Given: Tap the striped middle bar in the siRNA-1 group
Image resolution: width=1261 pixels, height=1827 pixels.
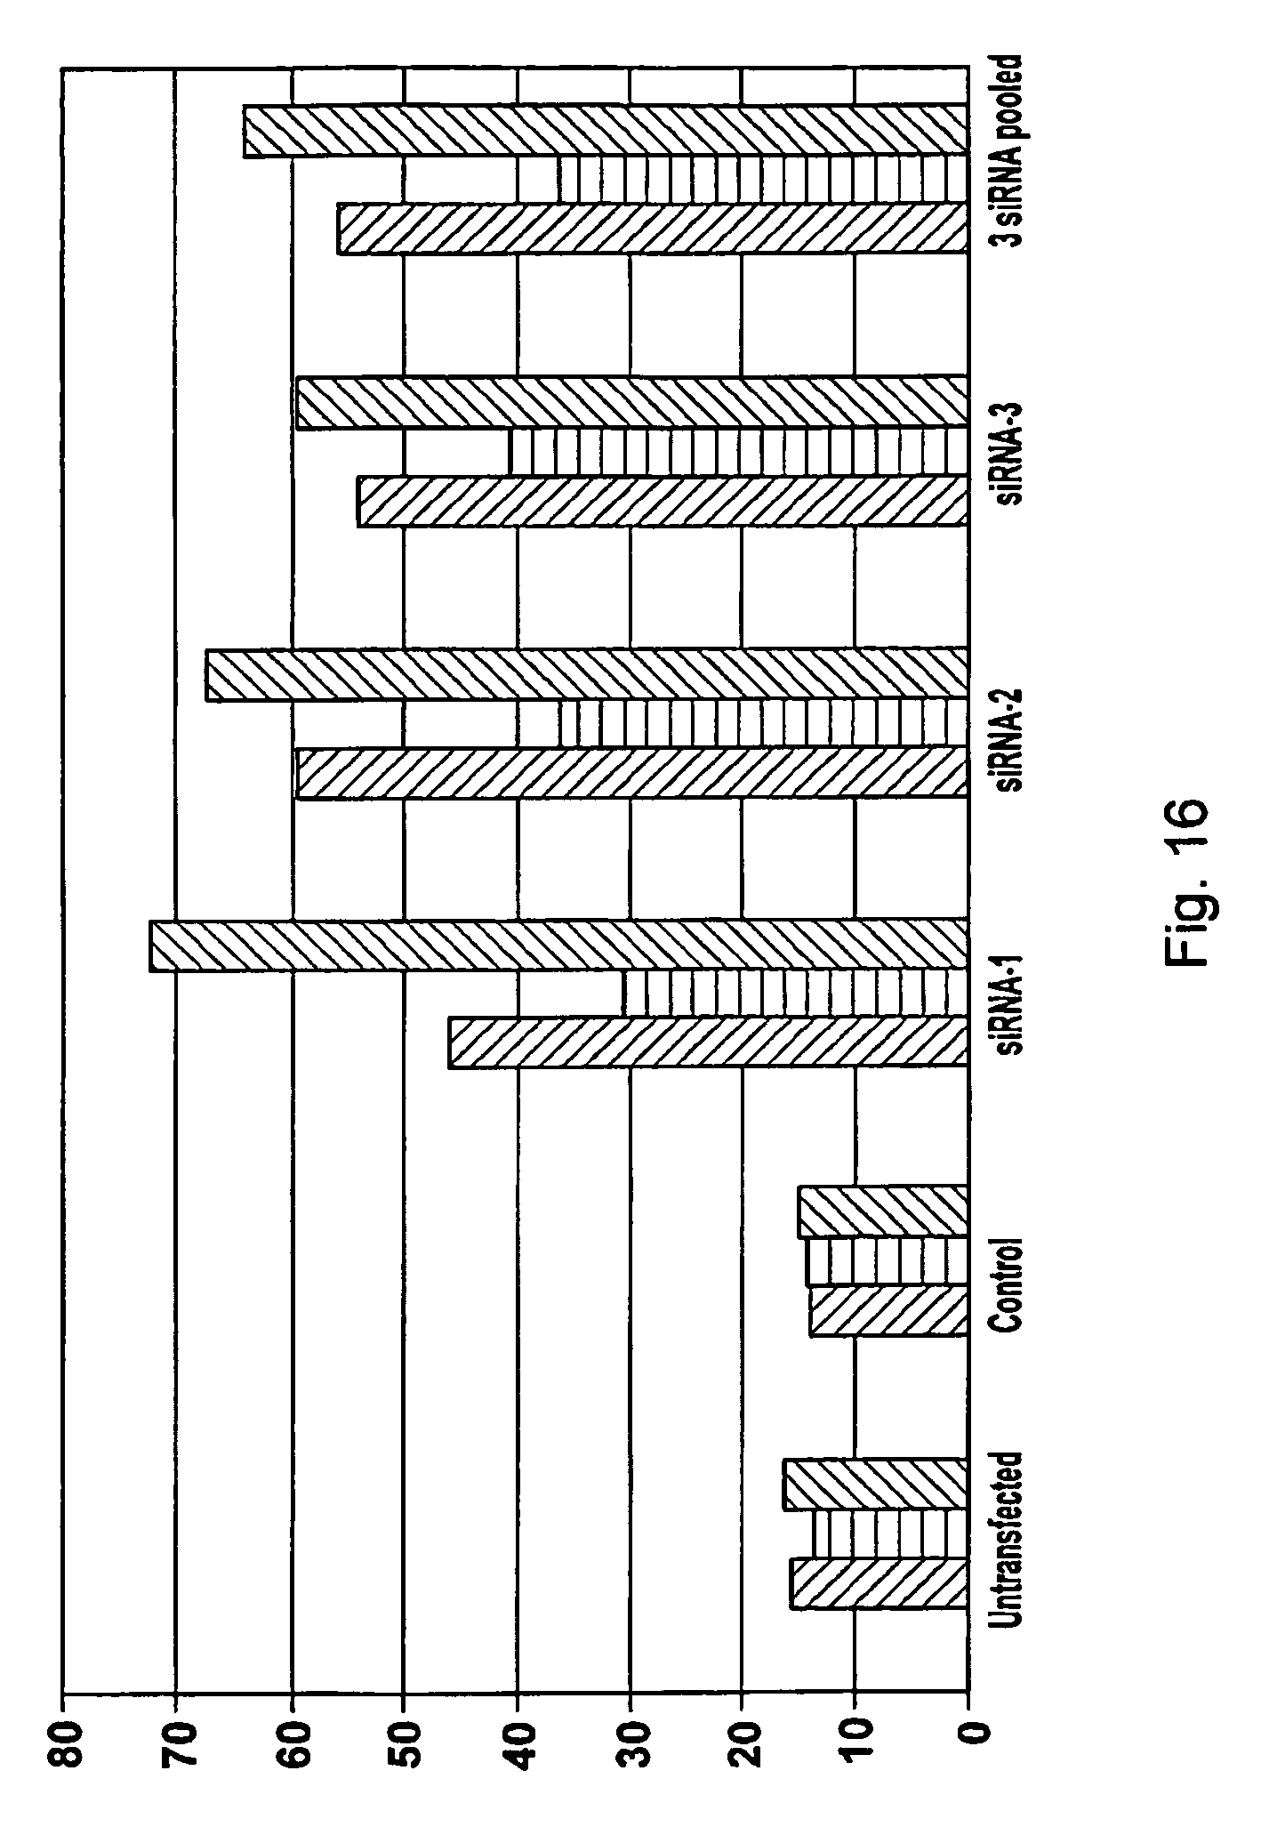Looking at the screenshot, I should point(795,993).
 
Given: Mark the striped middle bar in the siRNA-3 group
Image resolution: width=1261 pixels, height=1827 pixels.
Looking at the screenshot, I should point(738,453).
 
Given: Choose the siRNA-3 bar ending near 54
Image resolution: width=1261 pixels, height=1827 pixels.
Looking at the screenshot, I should point(662,502).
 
